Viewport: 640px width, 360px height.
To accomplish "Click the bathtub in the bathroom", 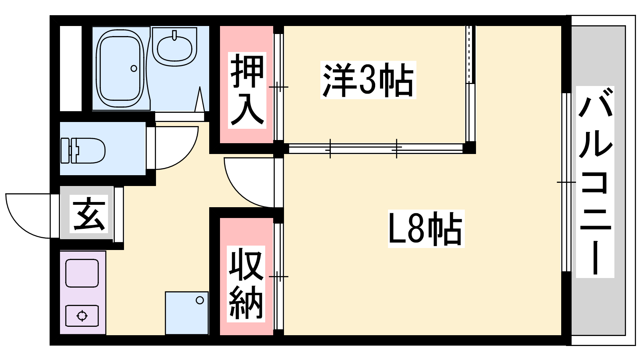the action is tap(120, 68).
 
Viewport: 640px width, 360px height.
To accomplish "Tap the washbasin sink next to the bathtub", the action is tap(174, 46).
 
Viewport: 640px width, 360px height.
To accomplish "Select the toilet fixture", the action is tap(83, 150).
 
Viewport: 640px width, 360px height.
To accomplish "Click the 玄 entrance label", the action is tap(89, 214).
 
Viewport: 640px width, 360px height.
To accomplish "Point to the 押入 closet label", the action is tap(247, 90).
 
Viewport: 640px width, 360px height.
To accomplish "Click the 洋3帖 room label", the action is tap(368, 80).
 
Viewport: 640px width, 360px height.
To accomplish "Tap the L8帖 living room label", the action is tap(426, 228).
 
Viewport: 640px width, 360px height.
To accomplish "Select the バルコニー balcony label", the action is tap(595, 182).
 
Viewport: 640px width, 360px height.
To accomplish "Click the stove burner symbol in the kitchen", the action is tap(82, 316).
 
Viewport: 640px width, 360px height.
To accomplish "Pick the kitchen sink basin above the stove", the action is tap(82, 273).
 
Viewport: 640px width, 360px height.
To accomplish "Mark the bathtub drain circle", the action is tap(134, 68).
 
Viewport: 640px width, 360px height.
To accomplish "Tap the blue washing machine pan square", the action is tap(186, 313).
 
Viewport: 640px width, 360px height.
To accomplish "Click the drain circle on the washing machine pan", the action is tap(200, 300).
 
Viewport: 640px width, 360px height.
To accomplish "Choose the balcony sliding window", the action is tap(566, 182).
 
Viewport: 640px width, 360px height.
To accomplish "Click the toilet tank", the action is tap(65, 150).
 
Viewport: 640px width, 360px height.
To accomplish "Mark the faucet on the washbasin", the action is tap(174, 34).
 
